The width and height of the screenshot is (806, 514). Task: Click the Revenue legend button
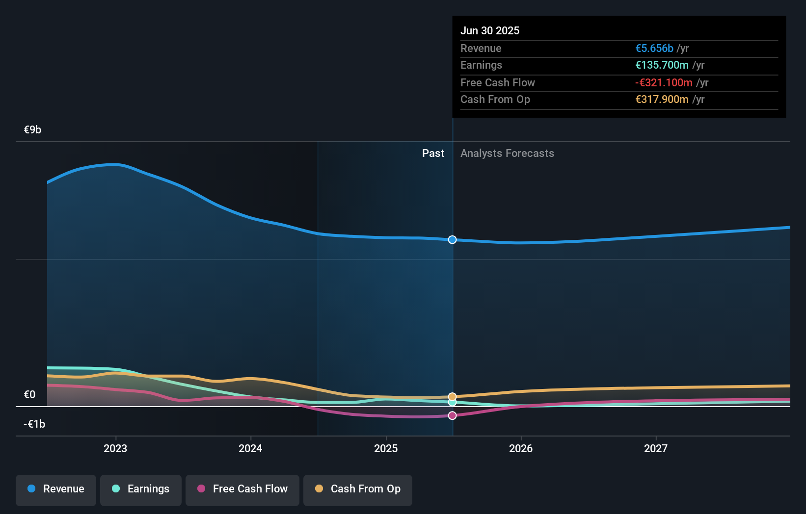point(56,489)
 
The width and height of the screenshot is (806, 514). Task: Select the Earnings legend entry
point(141,489)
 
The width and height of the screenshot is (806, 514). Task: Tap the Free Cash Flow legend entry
point(242,489)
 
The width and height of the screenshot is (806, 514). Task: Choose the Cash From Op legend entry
point(358,489)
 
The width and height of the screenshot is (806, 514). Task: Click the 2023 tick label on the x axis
point(115,448)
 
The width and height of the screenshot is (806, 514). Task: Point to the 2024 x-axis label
point(250,448)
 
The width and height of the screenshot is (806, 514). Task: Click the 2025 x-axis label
point(386,448)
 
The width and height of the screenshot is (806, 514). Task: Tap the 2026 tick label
point(521,448)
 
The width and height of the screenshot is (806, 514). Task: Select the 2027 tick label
point(656,448)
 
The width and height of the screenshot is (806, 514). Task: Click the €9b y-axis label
point(32,129)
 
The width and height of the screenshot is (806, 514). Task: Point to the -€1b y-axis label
point(34,424)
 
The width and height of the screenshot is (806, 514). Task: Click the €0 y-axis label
point(29,394)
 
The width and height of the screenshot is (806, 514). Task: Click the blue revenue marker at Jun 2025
point(452,240)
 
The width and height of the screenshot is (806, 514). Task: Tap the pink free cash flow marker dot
point(452,415)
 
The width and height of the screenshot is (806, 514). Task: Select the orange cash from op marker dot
point(452,397)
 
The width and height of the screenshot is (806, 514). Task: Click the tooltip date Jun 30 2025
point(489,30)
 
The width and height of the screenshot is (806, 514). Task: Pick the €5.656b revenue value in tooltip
point(654,48)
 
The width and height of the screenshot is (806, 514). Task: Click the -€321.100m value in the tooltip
point(664,82)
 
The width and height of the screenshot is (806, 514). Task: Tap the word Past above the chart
point(433,153)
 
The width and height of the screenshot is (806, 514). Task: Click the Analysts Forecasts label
point(507,153)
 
